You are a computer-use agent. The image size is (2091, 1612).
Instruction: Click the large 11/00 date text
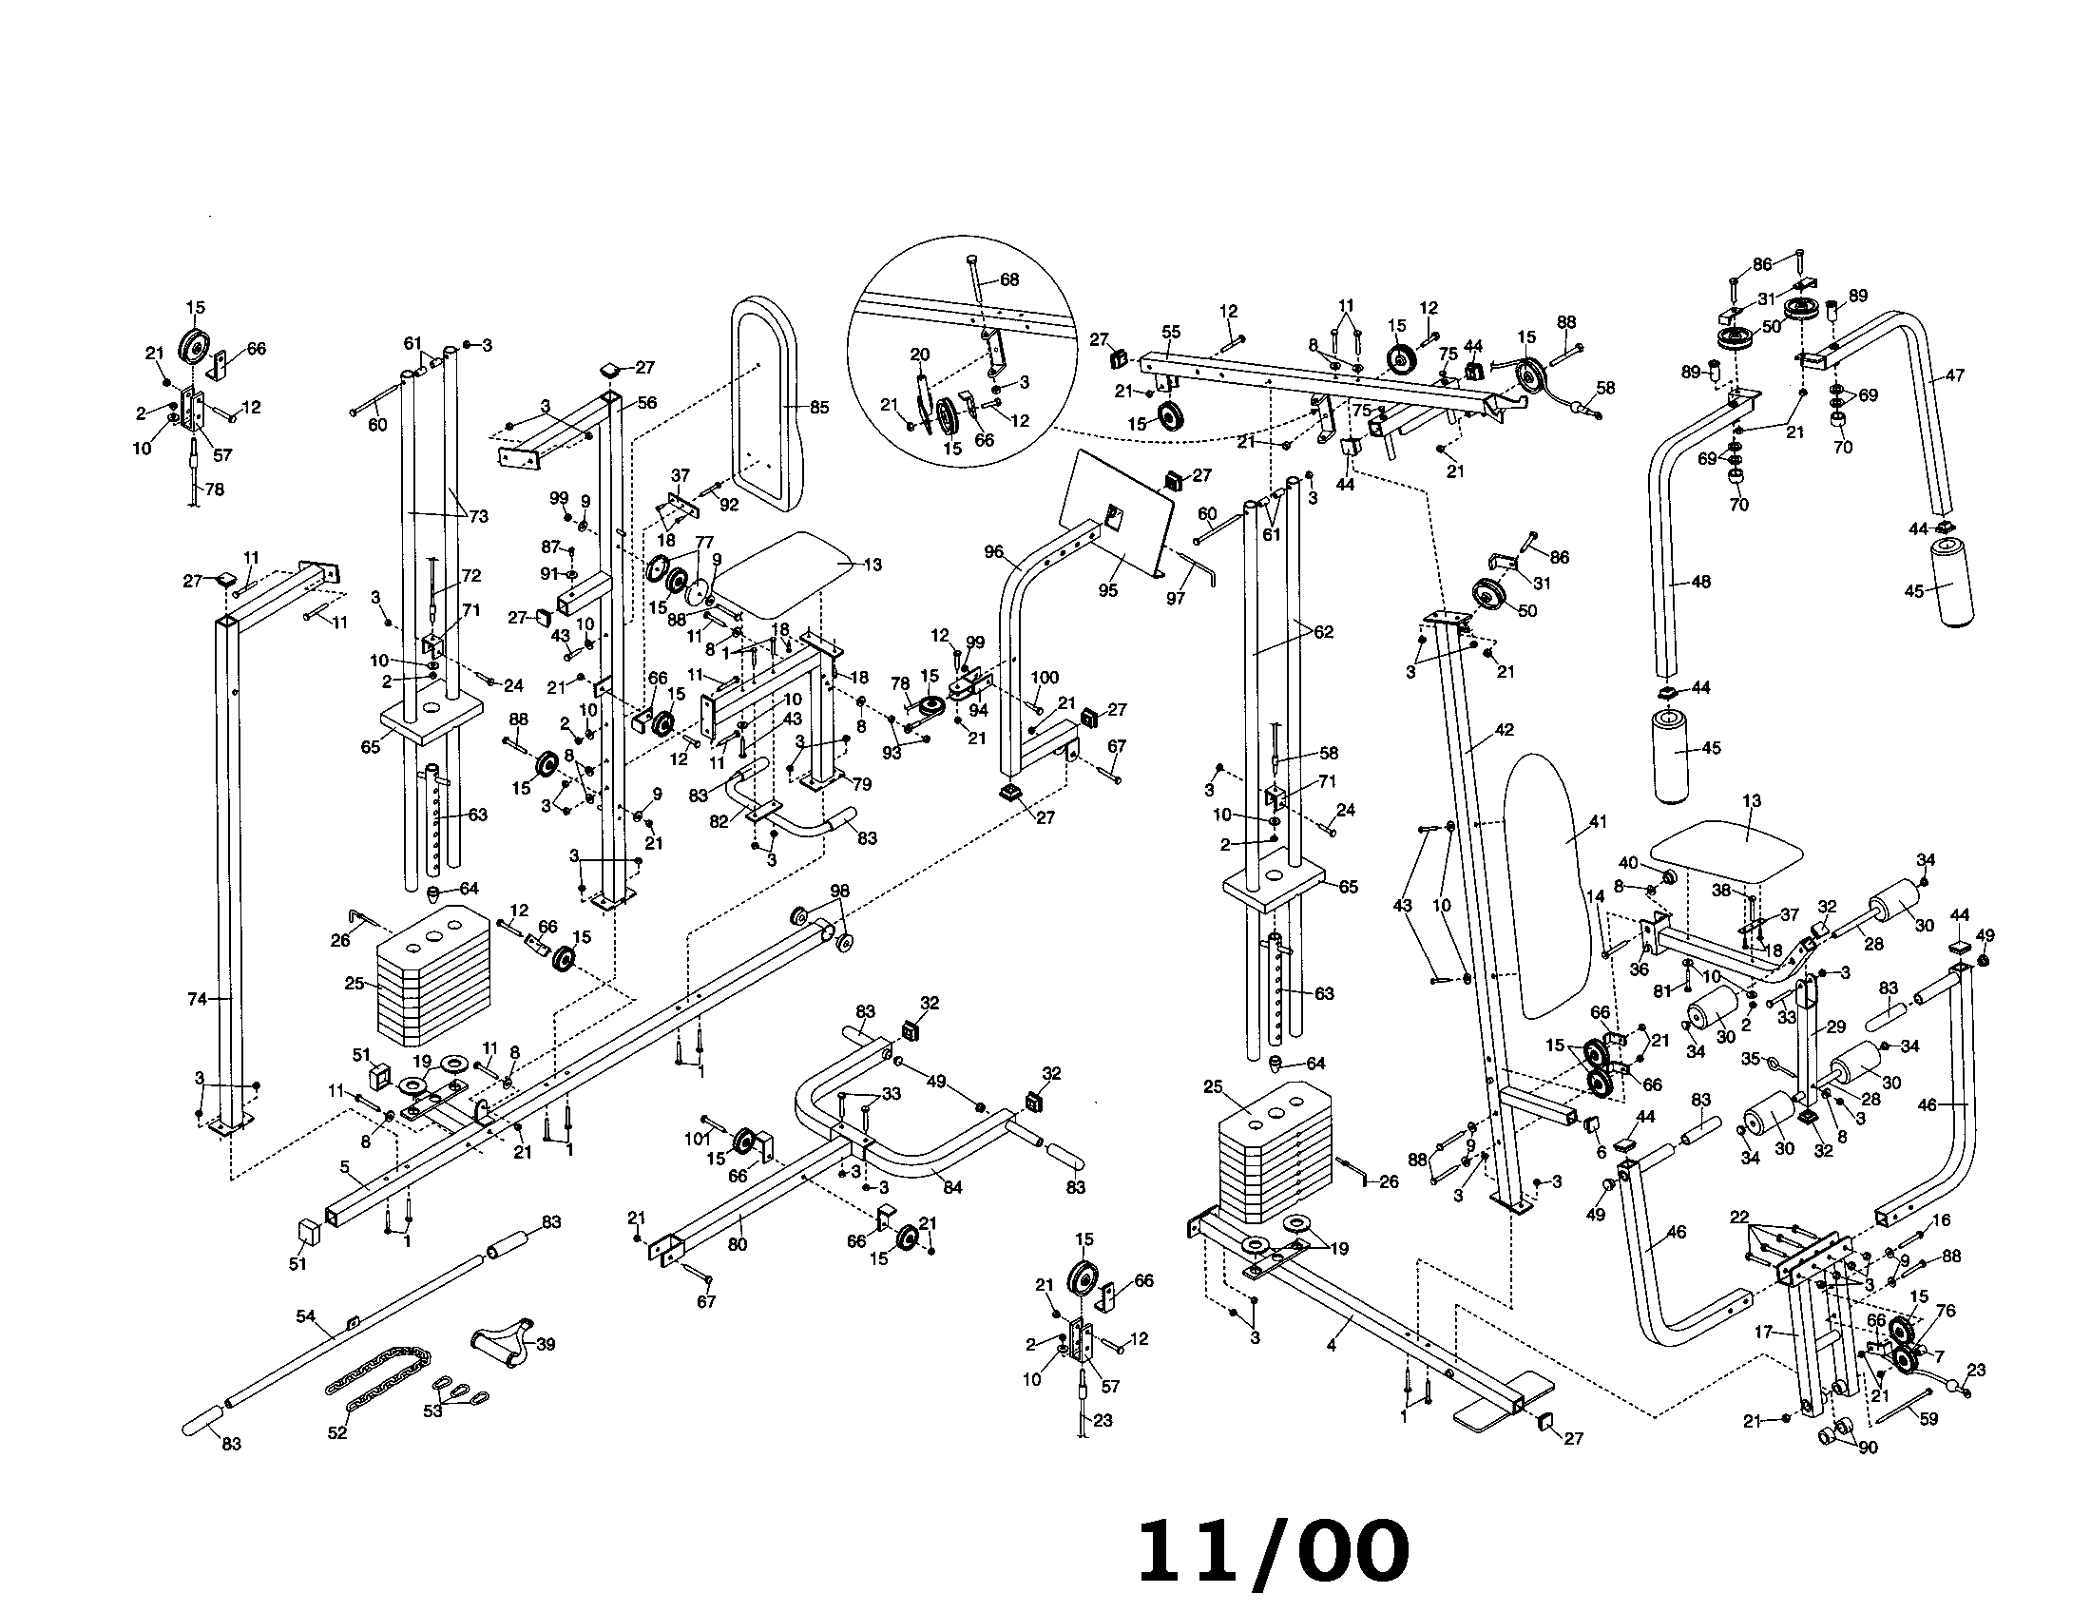click(1273, 1553)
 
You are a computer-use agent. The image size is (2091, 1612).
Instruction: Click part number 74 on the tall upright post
click(197, 998)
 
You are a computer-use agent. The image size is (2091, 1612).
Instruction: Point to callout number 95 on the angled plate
click(1107, 590)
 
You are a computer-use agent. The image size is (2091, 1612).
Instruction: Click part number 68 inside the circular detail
click(1009, 279)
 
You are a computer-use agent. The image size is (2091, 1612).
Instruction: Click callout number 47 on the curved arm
click(1954, 375)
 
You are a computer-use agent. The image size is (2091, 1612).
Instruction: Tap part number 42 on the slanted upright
click(1505, 729)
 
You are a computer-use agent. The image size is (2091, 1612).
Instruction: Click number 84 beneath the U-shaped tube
click(951, 1188)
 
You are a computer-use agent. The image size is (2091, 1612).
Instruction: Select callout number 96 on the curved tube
click(993, 551)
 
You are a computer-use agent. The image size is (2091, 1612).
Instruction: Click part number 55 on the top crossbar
click(1171, 332)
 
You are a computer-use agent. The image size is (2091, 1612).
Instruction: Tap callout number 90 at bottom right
click(1868, 1448)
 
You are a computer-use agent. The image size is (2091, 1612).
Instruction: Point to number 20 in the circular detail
click(919, 355)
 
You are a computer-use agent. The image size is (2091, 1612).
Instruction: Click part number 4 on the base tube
click(1331, 1346)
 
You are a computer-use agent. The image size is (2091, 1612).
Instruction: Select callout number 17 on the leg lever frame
click(1765, 1331)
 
